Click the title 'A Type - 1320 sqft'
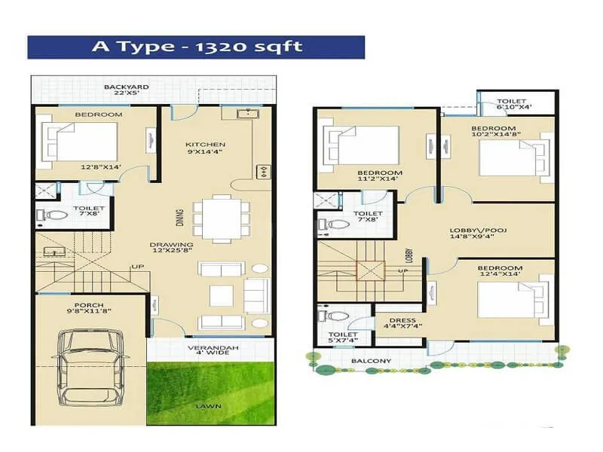coord(196,47)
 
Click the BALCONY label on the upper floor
coord(371,361)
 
